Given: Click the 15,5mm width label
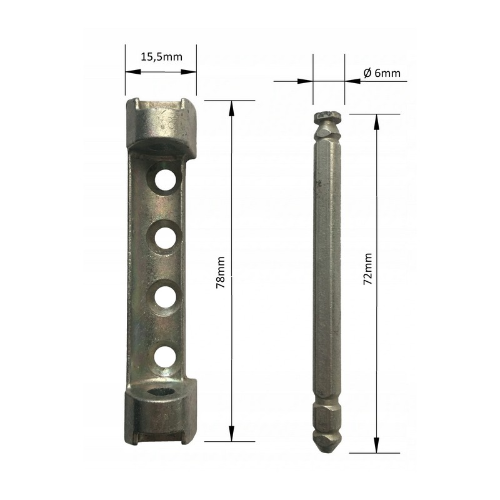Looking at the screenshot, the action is click(161, 57).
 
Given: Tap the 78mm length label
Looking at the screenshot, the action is click(221, 272).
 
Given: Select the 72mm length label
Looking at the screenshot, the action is click(367, 269).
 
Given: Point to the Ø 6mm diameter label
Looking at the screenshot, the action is click(382, 73).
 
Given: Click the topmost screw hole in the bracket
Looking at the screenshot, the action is click(165, 179).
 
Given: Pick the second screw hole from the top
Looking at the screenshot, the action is click(165, 237).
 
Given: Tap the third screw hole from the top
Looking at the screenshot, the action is click(166, 297).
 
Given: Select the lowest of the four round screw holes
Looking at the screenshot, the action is click(165, 356).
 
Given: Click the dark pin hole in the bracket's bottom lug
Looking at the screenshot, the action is click(164, 392).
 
